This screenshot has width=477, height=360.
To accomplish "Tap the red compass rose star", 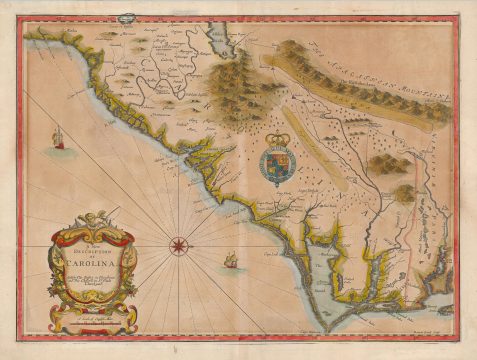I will pyautogui.click(x=178, y=242).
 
